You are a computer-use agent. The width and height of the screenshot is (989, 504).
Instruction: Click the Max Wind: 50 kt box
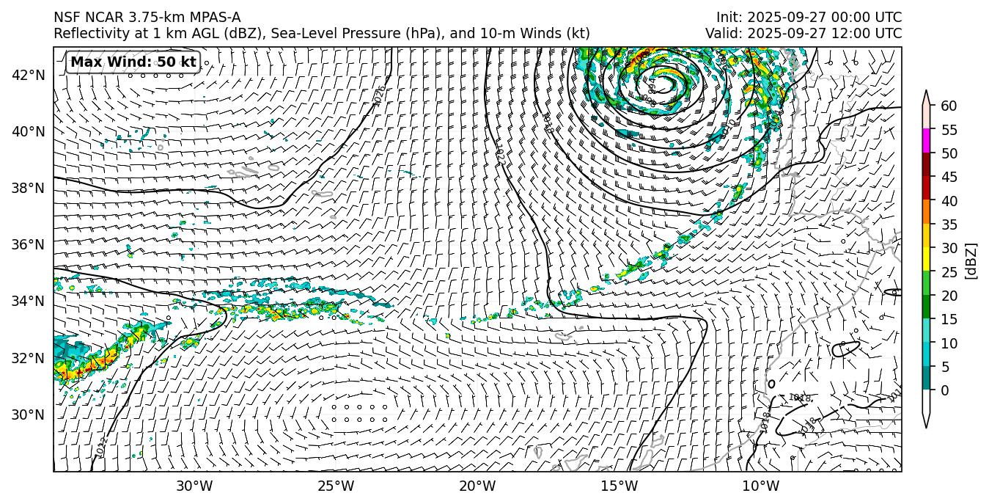click(133, 62)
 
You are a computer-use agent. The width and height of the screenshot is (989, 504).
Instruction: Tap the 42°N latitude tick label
click(29, 75)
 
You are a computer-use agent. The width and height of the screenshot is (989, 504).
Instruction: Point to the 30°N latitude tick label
click(29, 414)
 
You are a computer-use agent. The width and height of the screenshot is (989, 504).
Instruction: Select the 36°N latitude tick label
click(29, 244)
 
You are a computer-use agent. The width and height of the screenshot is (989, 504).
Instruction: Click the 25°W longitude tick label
click(336, 486)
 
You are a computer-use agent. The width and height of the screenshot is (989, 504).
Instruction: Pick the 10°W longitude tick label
click(760, 486)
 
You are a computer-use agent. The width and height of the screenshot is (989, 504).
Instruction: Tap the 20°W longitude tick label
click(477, 486)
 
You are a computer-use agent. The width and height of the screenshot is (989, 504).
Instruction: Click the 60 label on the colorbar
click(949, 106)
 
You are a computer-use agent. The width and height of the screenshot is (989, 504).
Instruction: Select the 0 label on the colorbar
click(945, 390)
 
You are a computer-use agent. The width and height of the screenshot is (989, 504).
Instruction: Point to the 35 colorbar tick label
click(949, 224)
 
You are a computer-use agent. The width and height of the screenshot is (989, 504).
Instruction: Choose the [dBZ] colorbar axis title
click(971, 260)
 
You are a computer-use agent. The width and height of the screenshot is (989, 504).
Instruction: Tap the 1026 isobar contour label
click(379, 96)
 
